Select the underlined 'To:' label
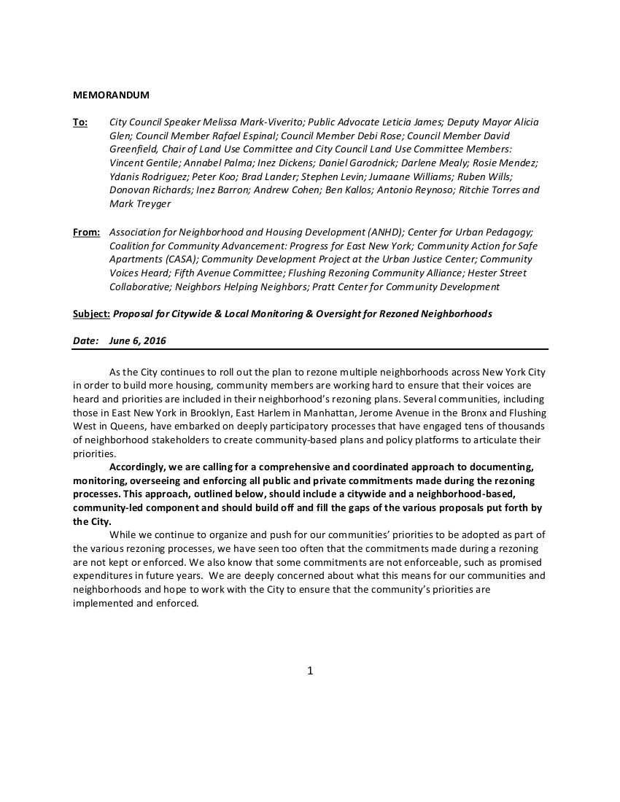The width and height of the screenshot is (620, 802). tap(80, 122)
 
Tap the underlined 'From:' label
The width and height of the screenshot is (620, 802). tap(86, 232)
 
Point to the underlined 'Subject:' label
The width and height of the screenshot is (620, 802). tap(91, 314)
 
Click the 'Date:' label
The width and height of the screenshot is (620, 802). tap(85, 340)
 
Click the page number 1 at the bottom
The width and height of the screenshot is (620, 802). tap(310, 671)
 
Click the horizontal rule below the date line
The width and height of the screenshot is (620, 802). tap(310, 349)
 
